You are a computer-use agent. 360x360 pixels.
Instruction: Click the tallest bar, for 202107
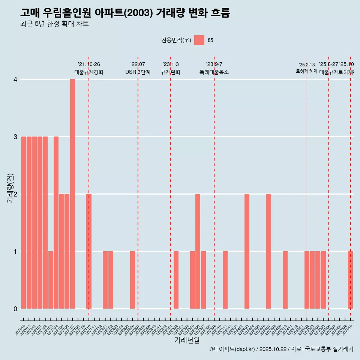[72, 194]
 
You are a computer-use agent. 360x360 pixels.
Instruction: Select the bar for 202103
[51, 280]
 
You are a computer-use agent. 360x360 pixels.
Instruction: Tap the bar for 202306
[198, 251]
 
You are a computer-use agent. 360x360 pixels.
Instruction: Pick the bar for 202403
[247, 251]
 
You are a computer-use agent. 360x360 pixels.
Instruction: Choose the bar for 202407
[268, 251]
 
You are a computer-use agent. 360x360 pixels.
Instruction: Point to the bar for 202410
[285, 280]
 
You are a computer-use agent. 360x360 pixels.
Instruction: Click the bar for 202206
[132, 280]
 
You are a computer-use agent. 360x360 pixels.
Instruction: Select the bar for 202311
[225, 280]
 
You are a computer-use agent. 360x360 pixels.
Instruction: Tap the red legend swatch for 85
[199, 40]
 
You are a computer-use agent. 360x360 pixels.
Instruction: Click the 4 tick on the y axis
[15, 79]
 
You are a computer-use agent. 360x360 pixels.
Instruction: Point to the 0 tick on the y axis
[15, 309]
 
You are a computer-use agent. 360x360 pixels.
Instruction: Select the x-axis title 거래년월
[187, 340]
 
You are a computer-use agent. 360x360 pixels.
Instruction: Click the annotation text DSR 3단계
[138, 72]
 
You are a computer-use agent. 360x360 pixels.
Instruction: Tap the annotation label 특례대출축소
[214, 72]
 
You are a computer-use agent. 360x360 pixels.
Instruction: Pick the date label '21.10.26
[89, 64]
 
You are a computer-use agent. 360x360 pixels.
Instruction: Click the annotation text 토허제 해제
[306, 71]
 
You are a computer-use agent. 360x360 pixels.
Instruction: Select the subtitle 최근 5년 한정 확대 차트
[54, 24]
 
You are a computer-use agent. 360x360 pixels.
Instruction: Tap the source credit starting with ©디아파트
[281, 349]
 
